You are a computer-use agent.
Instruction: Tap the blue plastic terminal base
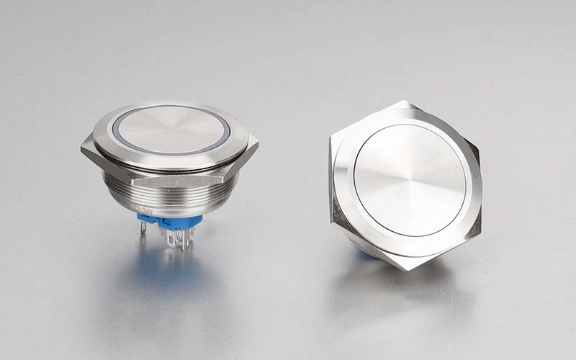[x=170, y=220]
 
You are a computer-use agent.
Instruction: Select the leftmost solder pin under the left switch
[x=143, y=228]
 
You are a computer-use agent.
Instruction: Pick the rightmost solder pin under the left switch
[x=189, y=236]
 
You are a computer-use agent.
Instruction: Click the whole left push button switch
[x=170, y=169]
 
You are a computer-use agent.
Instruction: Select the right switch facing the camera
[x=405, y=185]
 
